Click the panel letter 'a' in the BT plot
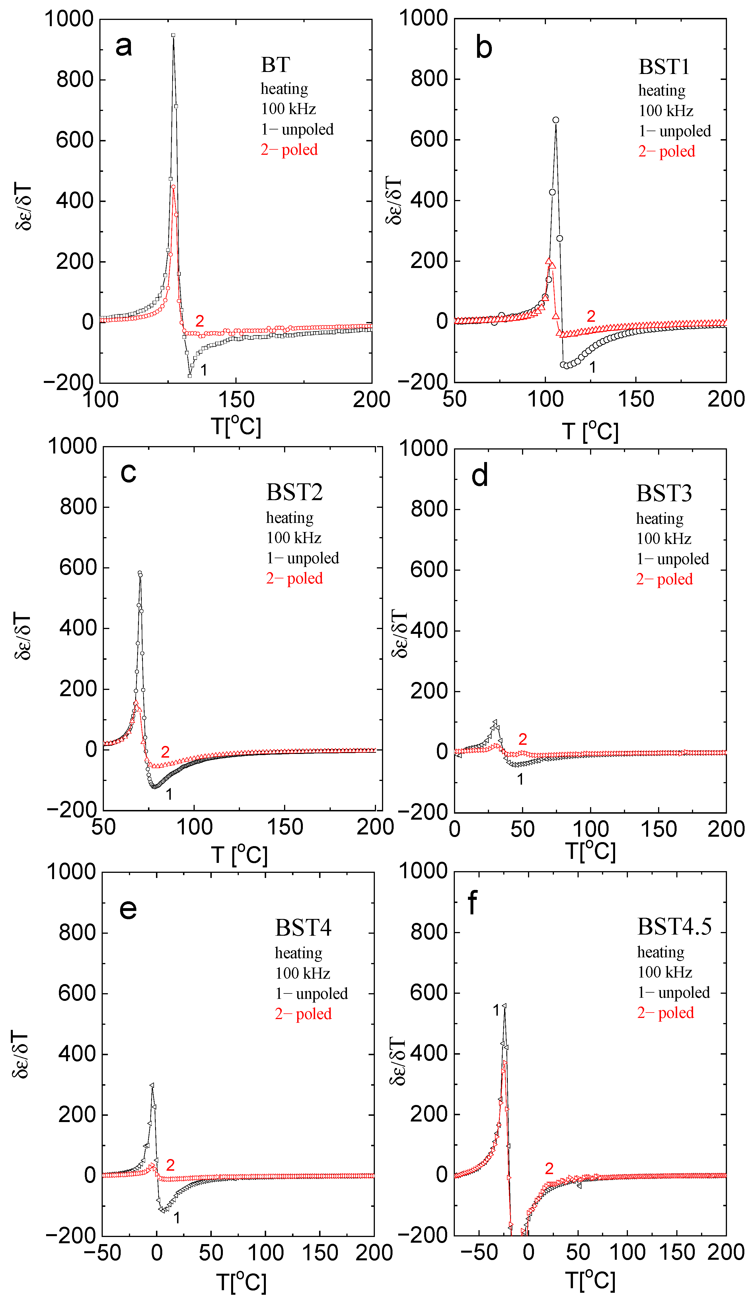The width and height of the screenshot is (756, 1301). pos(124,46)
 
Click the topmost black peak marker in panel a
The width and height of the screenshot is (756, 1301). pos(173,35)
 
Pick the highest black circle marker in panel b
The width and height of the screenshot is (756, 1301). pos(556,120)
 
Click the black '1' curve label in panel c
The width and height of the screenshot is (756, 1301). pos(169,794)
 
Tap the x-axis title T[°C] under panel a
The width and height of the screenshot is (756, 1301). pos(236,426)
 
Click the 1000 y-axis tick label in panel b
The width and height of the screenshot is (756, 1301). pos(423,18)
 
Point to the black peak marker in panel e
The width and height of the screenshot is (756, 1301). pos(152,1085)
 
